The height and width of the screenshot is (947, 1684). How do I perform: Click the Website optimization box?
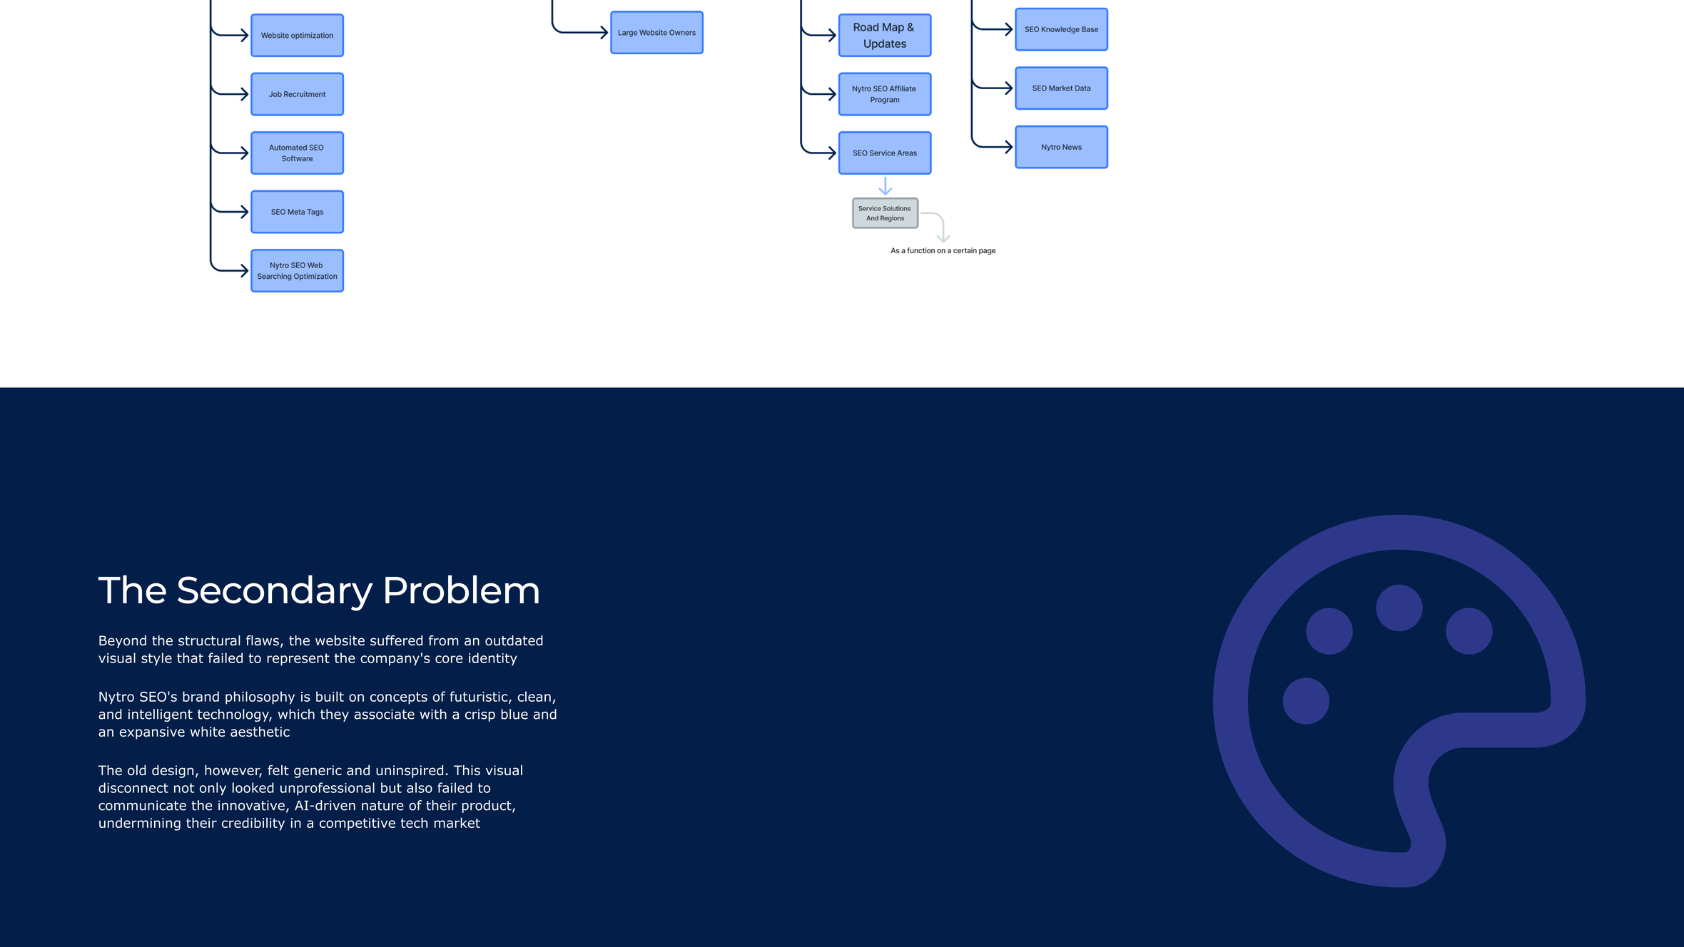297,35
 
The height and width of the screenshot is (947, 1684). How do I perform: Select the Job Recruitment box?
297,94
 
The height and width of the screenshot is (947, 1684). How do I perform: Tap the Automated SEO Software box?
297,153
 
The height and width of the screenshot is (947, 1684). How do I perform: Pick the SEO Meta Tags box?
297,212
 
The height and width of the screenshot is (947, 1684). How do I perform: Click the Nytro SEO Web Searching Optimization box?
297,270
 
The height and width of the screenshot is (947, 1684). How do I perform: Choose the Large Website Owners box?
656,32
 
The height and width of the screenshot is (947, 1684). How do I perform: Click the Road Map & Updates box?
885,35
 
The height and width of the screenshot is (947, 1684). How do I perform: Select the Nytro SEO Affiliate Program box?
885,94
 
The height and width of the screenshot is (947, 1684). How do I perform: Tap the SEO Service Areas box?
885,153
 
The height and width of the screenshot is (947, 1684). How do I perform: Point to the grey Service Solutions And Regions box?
885,213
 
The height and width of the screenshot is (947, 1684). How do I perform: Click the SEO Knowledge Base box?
1061,29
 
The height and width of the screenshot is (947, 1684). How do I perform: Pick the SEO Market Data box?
1061,88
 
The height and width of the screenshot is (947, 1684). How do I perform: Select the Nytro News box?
1061,147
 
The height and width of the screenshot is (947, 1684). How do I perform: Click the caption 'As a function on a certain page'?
943,250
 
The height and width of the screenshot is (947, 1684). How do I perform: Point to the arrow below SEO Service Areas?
885,186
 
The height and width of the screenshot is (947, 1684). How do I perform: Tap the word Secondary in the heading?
275,591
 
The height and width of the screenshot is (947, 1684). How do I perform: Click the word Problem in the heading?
461,590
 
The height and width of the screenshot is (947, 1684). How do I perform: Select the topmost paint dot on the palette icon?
1399,608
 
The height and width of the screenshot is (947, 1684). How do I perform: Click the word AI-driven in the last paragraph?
325,806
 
